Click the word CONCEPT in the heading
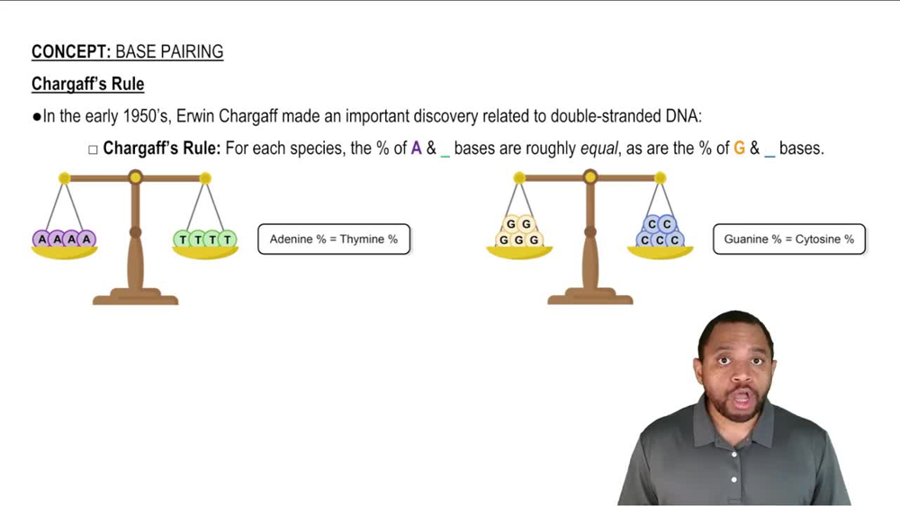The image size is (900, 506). point(70,51)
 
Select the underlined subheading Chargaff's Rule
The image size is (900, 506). point(88,84)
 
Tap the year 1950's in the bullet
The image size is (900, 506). point(147,116)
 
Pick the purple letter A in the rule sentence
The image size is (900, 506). point(416,149)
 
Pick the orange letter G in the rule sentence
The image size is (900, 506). point(739,149)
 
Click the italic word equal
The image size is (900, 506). point(599,149)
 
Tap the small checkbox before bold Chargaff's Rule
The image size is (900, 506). point(93,149)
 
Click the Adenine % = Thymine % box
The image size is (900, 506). point(334,239)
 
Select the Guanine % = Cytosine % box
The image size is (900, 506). point(789,239)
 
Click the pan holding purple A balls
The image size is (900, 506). point(64,252)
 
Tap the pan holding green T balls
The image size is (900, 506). point(205,252)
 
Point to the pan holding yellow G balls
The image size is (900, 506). point(519,252)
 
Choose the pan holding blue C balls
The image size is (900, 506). point(660,252)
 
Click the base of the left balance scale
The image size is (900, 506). point(136,297)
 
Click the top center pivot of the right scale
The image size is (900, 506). point(590,176)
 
